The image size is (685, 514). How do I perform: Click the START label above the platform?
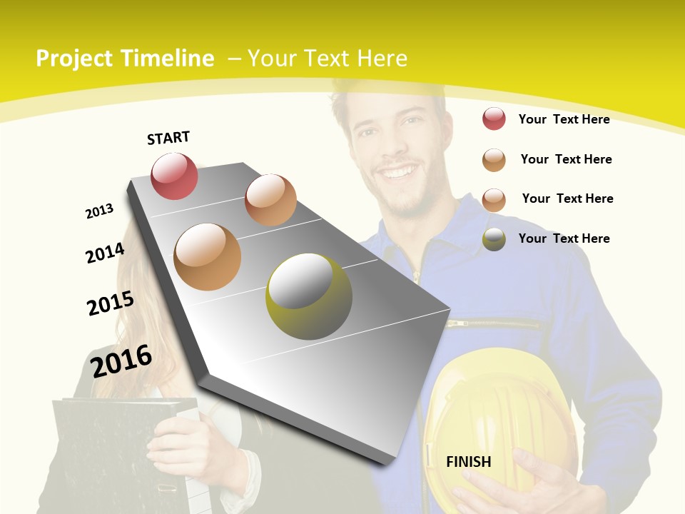pos(168,138)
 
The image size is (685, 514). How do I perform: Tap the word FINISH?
pos(469,461)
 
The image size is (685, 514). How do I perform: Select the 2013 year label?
pos(99,211)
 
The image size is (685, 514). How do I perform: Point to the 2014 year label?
pos(105,253)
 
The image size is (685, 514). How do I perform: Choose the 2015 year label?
pos(111,303)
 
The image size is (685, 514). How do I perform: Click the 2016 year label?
pos(121,361)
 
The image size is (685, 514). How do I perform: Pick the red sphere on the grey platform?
pos(174,176)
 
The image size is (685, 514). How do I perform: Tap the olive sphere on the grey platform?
pos(309,296)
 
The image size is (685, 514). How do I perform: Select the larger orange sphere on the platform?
pos(208,256)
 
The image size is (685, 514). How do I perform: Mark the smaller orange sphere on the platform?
pos(270,200)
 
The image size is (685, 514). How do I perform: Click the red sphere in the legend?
pos(494,119)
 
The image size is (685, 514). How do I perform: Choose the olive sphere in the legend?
pos(494,239)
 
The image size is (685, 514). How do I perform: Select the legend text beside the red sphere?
pos(564,119)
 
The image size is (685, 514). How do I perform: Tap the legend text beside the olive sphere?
pos(564,238)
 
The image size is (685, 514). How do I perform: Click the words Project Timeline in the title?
pos(125,59)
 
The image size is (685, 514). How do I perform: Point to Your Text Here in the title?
pos(327,59)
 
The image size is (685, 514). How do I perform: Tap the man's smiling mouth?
pos(400,172)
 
